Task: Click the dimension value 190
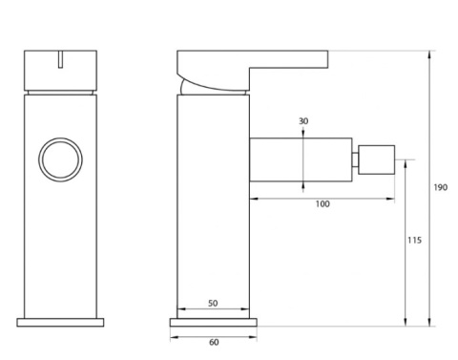441,187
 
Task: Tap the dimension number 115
414,240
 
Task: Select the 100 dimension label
323,204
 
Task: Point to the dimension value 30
303,121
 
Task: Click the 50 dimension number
213,304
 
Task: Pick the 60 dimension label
214,342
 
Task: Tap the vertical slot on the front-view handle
60,59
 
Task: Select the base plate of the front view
60,322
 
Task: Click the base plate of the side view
213,322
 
